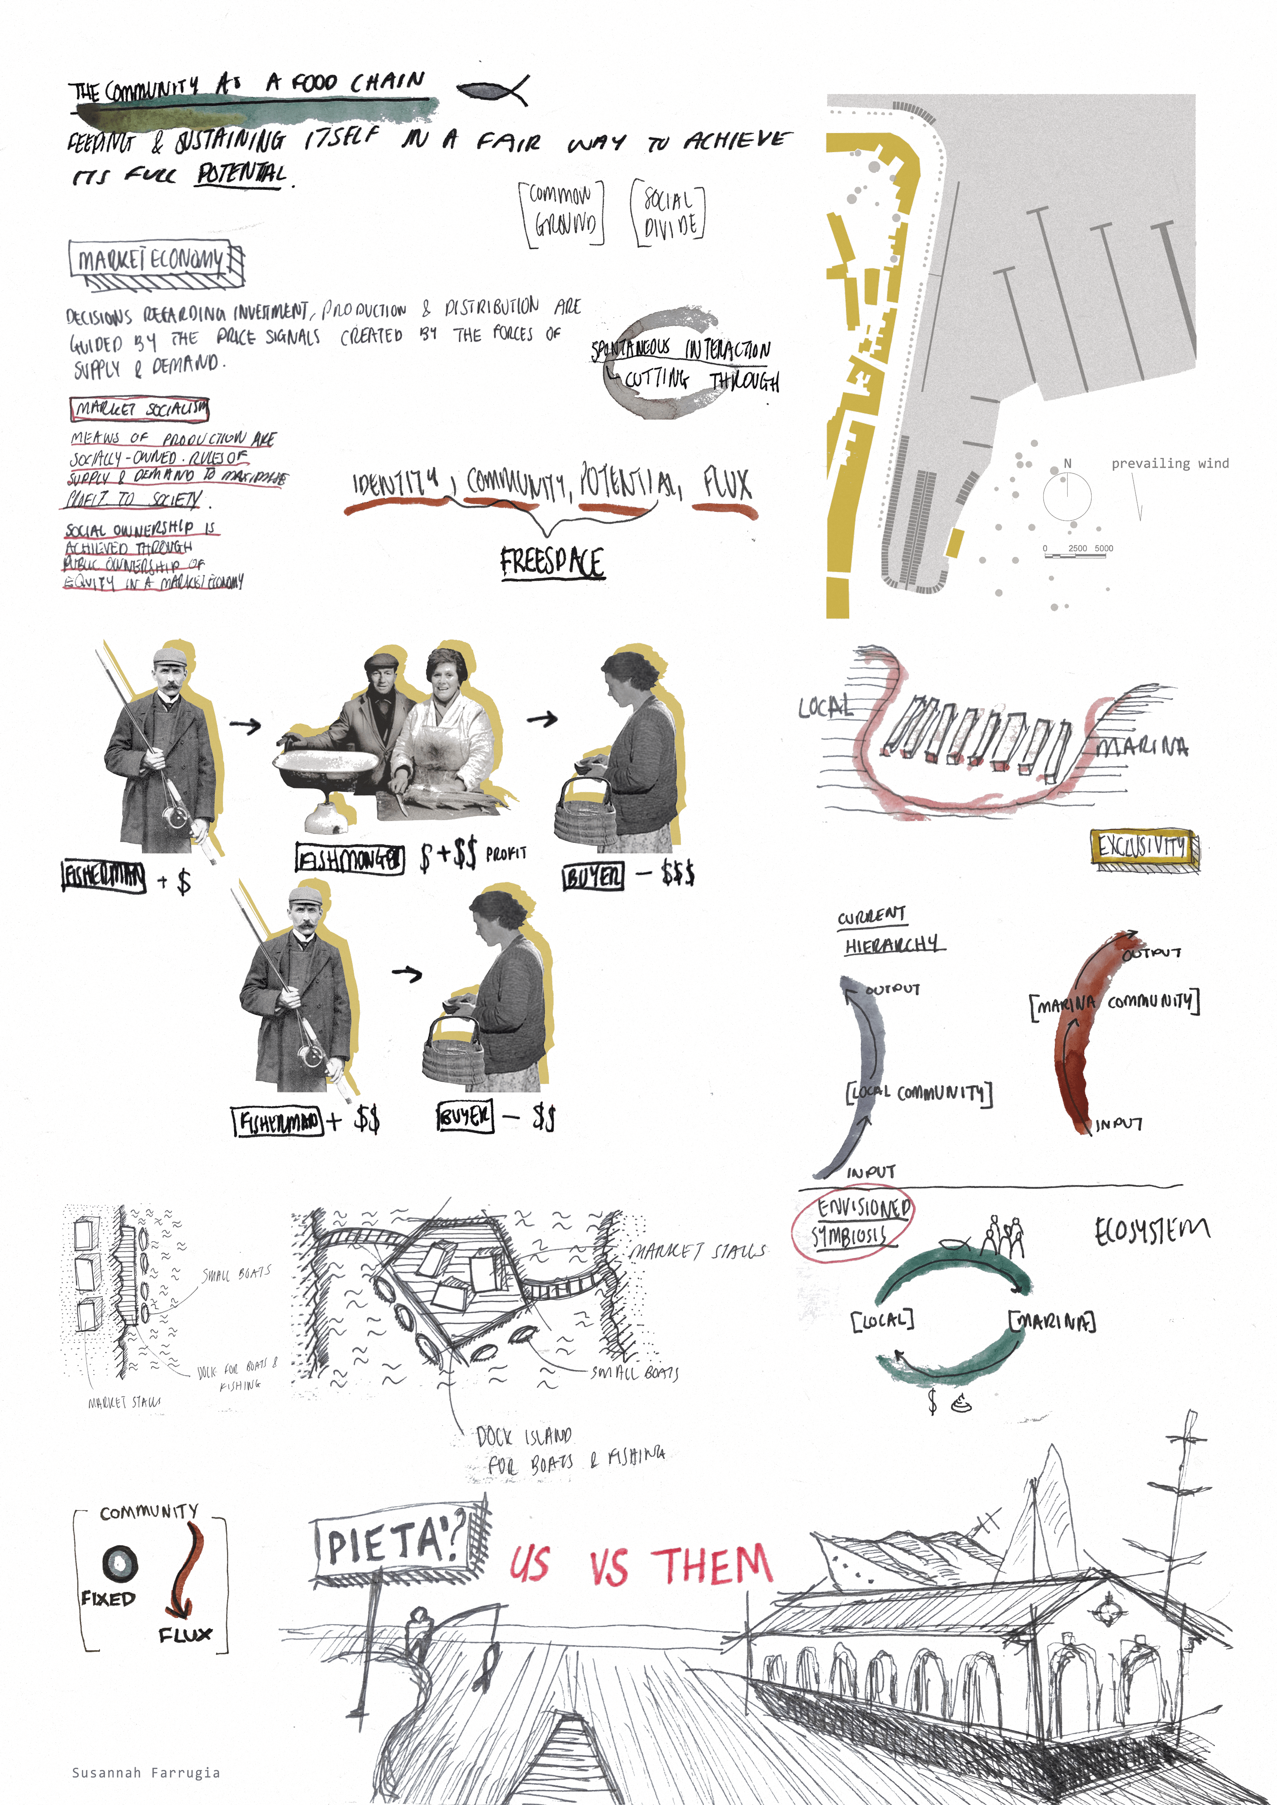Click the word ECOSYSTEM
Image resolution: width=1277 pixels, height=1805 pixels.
[x=1151, y=1231]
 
